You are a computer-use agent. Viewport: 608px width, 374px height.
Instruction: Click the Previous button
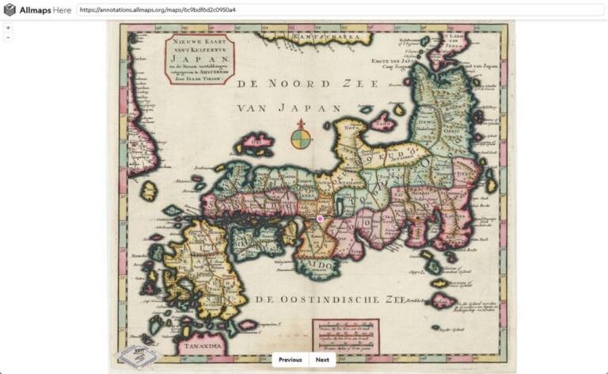coord(290,360)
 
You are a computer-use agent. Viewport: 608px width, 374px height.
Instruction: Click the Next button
coord(322,360)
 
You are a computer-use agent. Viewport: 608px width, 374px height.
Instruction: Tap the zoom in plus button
coord(8,28)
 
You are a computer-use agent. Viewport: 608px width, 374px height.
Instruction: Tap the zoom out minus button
coord(8,37)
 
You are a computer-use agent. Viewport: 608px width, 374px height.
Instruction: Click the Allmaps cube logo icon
coord(9,10)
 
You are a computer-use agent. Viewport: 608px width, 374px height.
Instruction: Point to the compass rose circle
coord(301,139)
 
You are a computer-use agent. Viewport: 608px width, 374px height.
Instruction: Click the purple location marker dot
coord(320,218)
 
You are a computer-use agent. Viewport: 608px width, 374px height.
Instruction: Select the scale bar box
coord(345,336)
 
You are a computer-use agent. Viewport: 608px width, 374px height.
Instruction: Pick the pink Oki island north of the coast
coord(259,143)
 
